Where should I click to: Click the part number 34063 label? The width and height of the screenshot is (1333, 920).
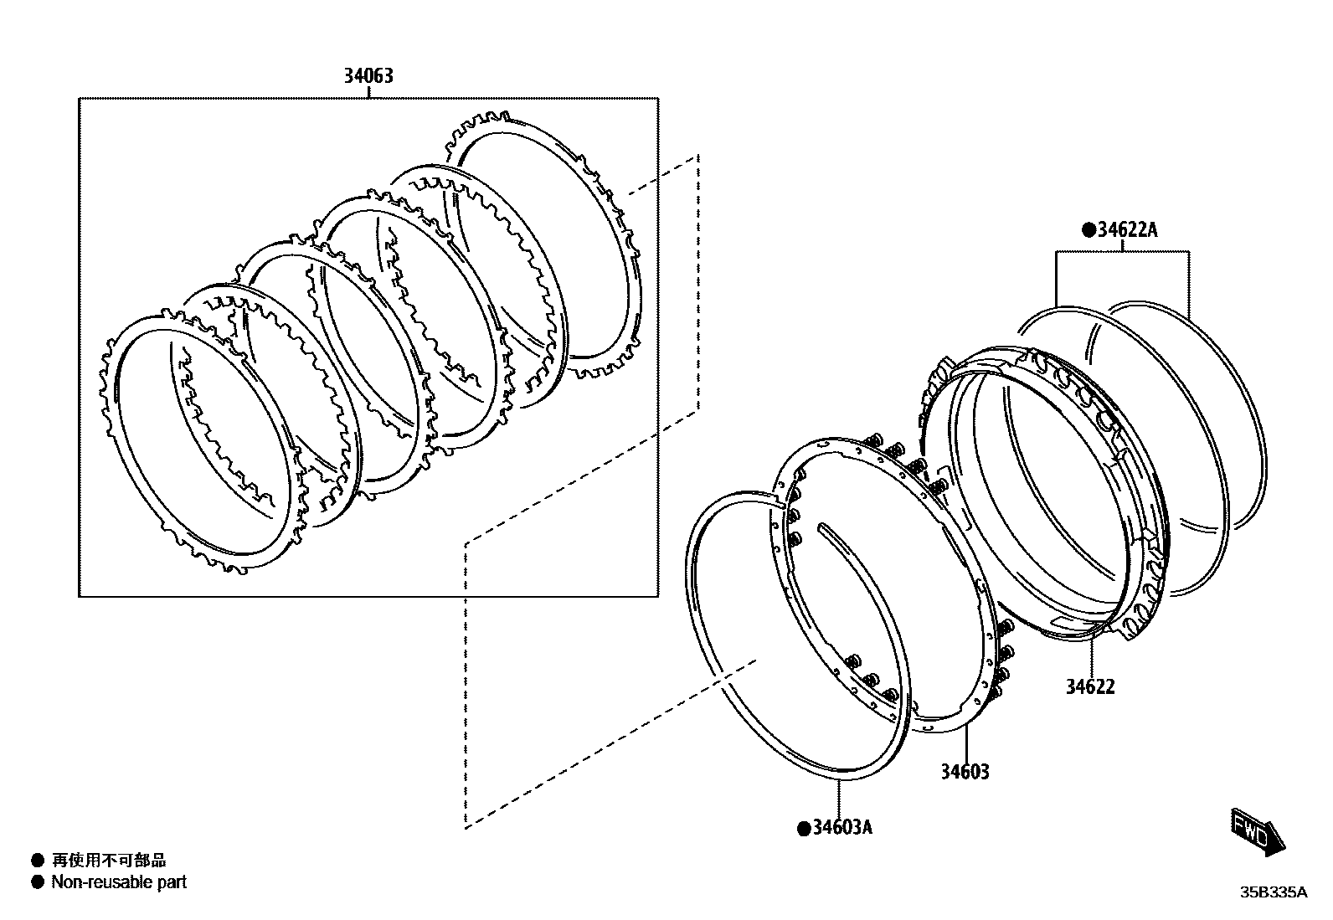coord(368,76)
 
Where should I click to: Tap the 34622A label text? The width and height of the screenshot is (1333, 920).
coord(1126,229)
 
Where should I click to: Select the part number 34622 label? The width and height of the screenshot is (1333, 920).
coord(1090,686)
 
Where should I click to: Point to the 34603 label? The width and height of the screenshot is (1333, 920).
coord(964,771)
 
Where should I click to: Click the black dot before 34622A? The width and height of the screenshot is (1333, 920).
coord(1089,229)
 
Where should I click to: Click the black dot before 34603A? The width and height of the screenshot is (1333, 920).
coord(804,828)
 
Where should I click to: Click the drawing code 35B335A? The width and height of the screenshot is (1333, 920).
coord(1273,892)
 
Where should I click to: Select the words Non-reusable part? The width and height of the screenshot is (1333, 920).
coord(119,881)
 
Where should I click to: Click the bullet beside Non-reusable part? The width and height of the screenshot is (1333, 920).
coord(37,881)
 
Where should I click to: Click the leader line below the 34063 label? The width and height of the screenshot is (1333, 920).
coord(368,93)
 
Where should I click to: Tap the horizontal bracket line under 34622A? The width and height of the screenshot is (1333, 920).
coord(1123,250)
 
